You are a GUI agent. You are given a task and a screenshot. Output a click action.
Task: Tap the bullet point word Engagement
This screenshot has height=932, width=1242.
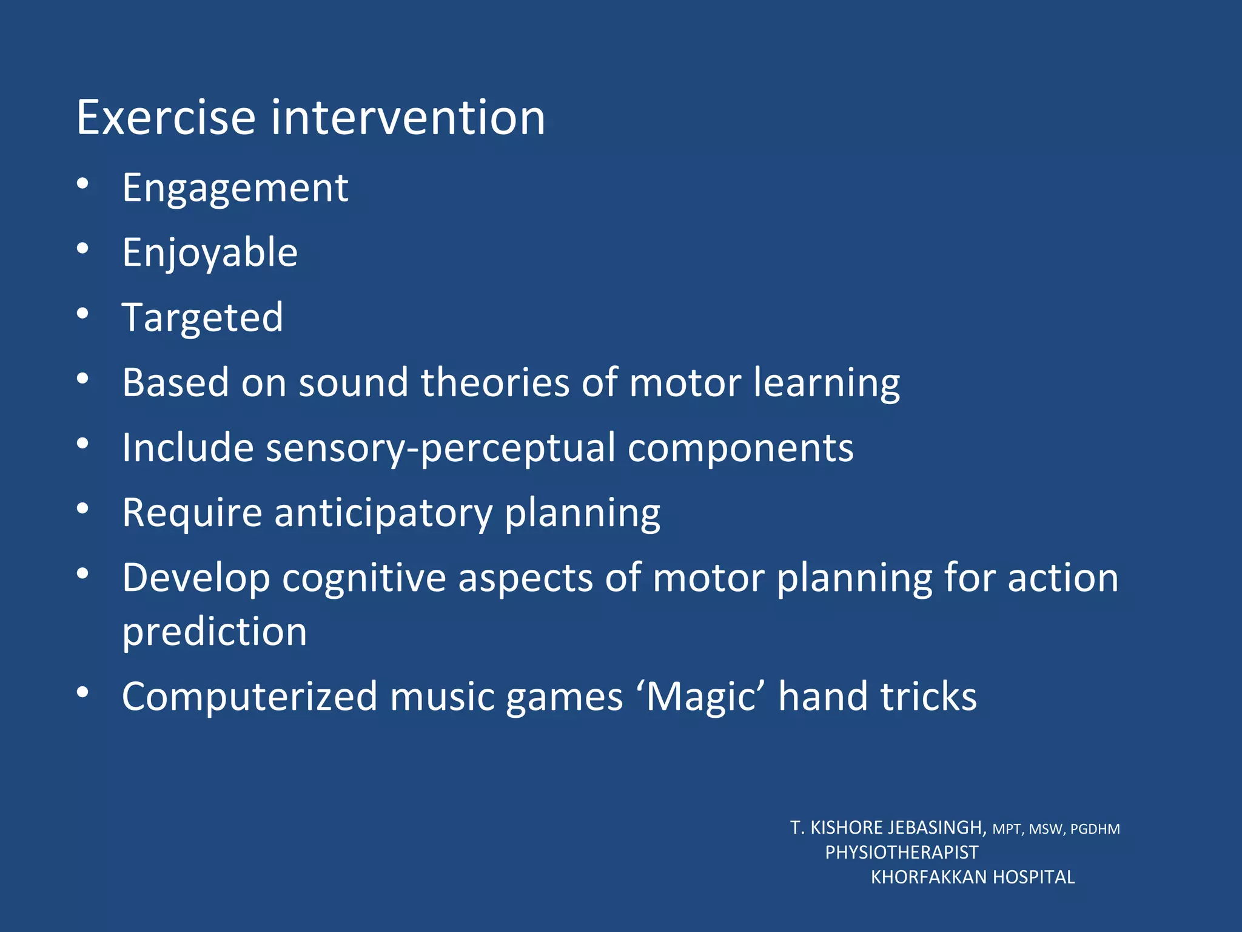click(x=235, y=188)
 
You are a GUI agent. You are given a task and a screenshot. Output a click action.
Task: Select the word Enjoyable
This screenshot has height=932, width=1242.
click(x=210, y=253)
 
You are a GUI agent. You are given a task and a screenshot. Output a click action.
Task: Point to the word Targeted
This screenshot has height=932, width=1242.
click(x=203, y=317)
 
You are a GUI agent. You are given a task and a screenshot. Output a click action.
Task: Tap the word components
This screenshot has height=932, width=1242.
click(x=740, y=448)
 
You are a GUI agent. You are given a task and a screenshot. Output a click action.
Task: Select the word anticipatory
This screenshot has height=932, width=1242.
click(x=383, y=513)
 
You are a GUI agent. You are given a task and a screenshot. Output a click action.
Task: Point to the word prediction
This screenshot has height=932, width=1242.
click(x=215, y=632)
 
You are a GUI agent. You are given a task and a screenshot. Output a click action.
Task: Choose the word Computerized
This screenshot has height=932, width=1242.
click(x=250, y=697)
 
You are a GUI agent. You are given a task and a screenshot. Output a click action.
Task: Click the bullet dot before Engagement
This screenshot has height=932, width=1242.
click(x=83, y=183)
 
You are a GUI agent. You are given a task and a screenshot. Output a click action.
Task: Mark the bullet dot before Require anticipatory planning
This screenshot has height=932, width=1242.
click(x=83, y=508)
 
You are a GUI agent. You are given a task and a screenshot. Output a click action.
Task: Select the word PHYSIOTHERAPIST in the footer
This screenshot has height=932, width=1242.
click(x=902, y=853)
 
